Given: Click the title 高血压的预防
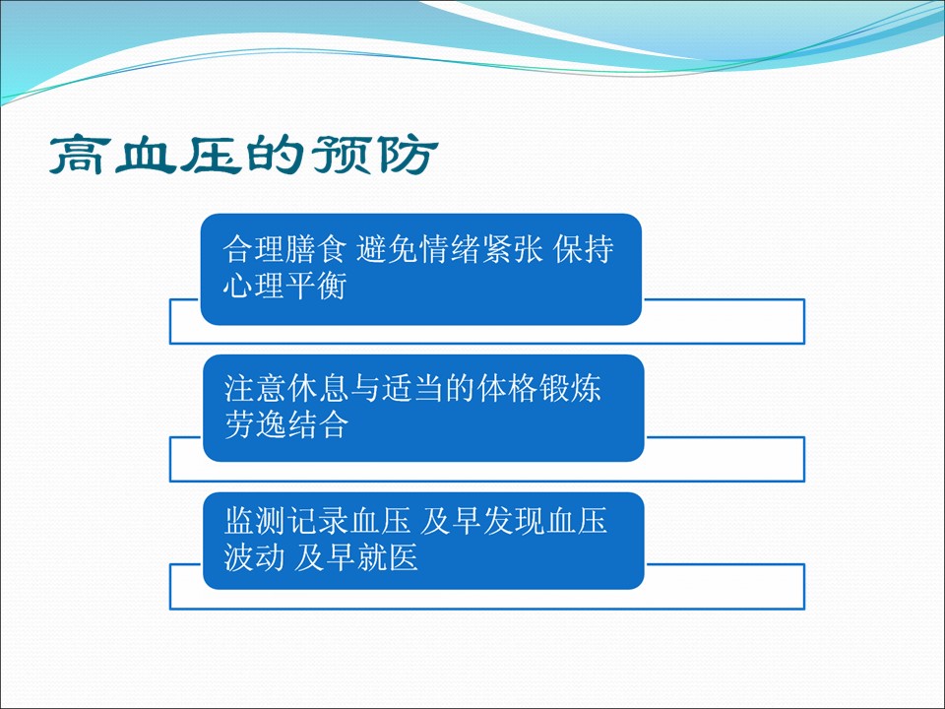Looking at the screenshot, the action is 243,155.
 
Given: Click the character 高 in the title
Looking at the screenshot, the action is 80,155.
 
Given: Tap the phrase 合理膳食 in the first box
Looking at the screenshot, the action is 284,248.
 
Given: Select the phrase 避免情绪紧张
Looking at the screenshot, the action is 450,248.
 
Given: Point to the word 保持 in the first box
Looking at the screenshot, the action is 584,248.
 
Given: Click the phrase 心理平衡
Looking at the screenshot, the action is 284,286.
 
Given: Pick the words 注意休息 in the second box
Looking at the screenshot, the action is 286,388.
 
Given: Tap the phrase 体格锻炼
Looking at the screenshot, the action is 538,388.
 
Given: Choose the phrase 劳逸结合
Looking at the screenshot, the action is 286,424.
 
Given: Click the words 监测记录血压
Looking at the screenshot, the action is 317,521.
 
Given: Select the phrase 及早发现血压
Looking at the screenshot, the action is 513,521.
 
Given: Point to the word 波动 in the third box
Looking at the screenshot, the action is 254,557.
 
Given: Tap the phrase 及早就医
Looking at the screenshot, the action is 355,557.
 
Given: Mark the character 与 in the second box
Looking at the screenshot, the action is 365,388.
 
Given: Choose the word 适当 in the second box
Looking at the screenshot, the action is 412,388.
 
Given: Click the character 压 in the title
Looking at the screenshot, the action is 211,155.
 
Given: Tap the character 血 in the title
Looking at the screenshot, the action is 146,155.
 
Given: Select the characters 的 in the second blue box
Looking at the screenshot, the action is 460,388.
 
